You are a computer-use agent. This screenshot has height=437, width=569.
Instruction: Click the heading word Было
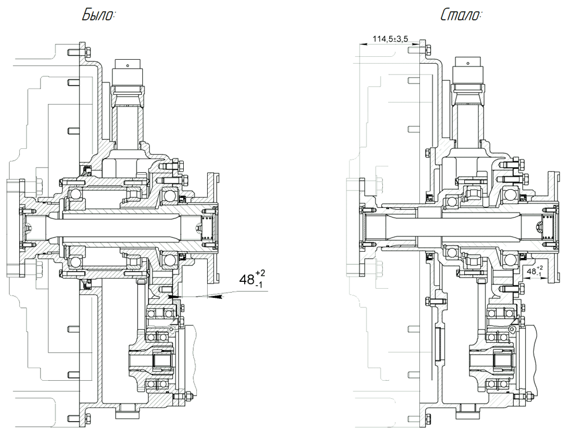tap(98, 15)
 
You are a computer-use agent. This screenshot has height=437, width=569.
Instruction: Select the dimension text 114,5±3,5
tap(390, 39)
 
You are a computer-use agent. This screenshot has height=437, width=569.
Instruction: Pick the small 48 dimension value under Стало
tap(530, 272)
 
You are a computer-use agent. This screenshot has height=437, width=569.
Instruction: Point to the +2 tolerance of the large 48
tap(260, 273)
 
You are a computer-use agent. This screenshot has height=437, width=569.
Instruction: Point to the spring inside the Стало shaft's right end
tap(547, 227)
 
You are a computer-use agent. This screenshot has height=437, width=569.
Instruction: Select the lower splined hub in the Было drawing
tap(154, 360)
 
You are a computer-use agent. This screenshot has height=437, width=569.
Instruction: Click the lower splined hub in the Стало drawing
tap(493, 359)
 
